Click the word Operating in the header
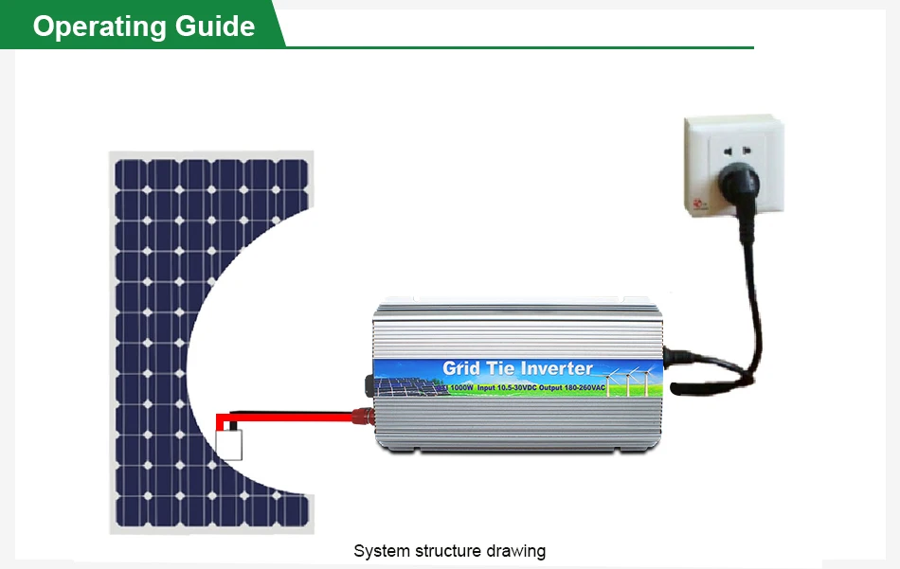(99, 26)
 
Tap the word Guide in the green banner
(214, 26)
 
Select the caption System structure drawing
(449, 550)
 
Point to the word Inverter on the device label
(553, 367)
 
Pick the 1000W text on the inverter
(461, 388)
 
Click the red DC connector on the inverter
(361, 414)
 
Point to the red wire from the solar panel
(284, 415)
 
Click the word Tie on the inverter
(505, 367)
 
